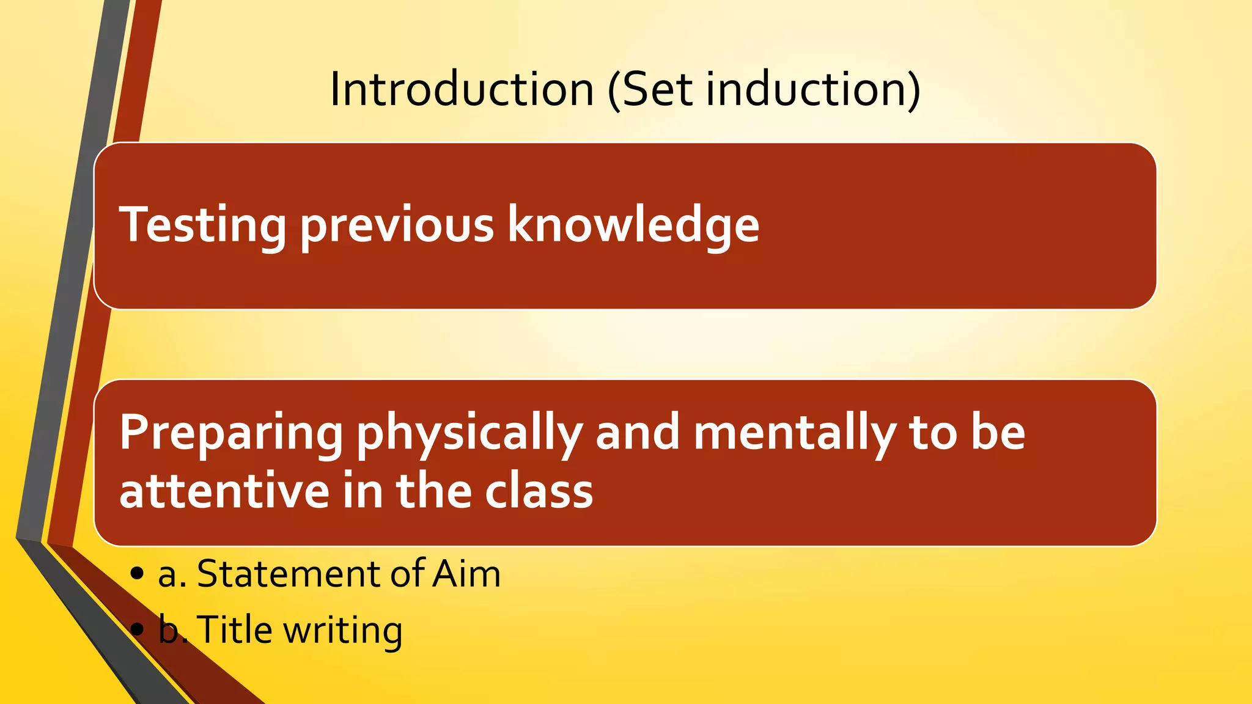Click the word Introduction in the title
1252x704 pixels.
(462, 89)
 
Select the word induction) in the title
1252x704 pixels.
(813, 89)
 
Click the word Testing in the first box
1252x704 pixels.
(202, 225)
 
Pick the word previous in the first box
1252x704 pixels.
(397, 225)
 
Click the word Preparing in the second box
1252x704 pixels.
(231, 433)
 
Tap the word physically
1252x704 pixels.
(469, 433)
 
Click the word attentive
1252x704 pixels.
(224, 491)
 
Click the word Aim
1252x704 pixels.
(466, 574)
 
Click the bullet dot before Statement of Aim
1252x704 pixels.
(138, 574)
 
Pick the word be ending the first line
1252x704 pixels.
(998, 433)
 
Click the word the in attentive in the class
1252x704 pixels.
(434, 491)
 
